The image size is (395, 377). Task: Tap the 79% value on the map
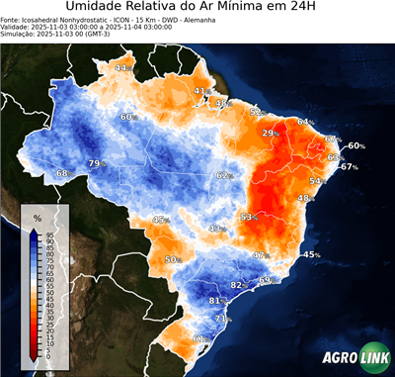tap(96, 163)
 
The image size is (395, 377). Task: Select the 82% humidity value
tap(237, 285)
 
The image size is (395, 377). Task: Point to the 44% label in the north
tap(122, 67)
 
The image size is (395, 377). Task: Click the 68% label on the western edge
tap(63, 173)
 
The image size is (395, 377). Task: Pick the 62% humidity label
tap(224, 176)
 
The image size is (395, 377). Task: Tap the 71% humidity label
tap(223, 320)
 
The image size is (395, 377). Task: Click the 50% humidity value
tap(173, 259)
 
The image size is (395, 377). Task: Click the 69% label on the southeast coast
tap(265, 280)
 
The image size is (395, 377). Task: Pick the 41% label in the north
tap(200, 91)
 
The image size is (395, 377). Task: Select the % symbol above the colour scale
tap(37, 216)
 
